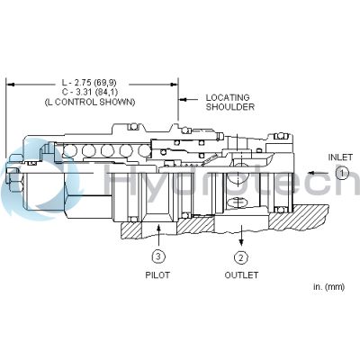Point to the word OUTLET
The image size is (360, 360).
[240, 275]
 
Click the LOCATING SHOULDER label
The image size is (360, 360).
[229, 103]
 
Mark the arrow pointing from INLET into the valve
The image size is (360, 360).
[317, 172]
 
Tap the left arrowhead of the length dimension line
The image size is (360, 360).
[11, 83]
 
